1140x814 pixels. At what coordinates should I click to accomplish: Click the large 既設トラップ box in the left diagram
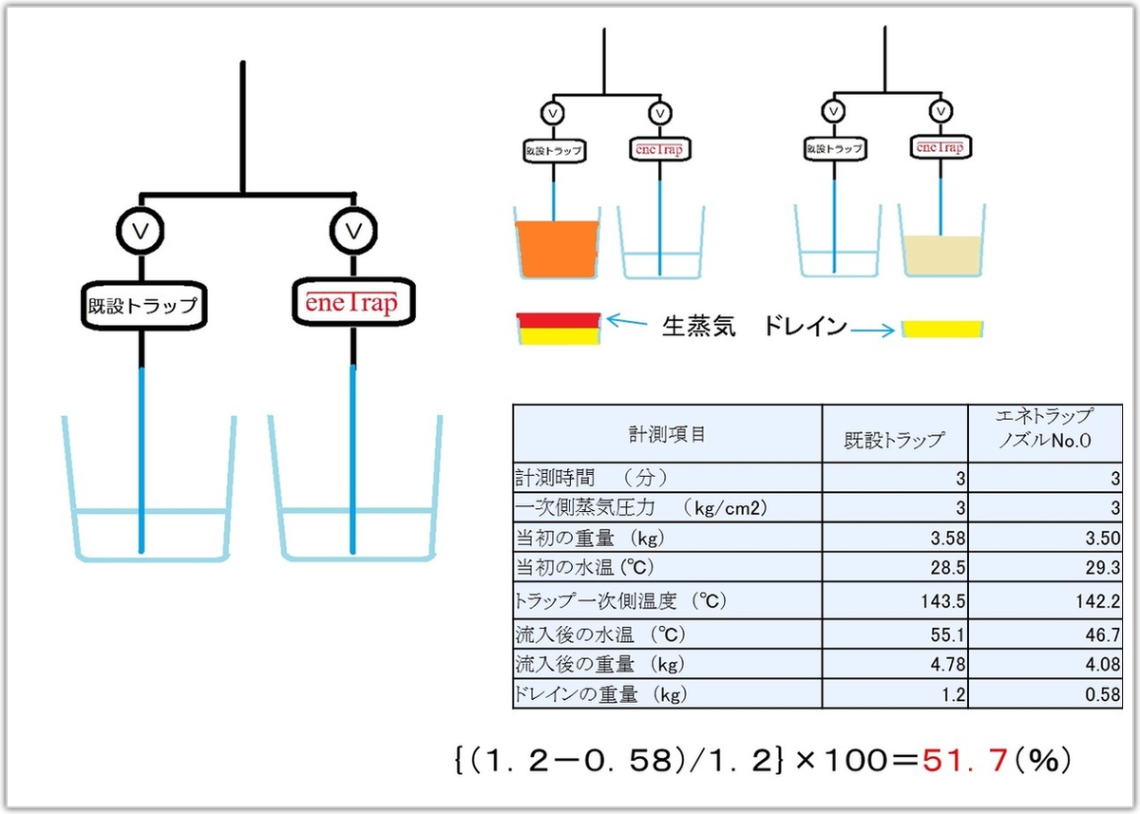141,306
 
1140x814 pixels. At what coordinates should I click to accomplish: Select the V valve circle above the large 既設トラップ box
141,229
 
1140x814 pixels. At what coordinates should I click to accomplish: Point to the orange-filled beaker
557,249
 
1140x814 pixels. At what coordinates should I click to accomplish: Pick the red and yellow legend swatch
557,328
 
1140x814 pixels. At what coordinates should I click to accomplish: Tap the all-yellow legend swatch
941,329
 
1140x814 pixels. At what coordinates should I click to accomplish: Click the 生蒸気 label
698,328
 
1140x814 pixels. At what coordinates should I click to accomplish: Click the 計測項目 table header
667,434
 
